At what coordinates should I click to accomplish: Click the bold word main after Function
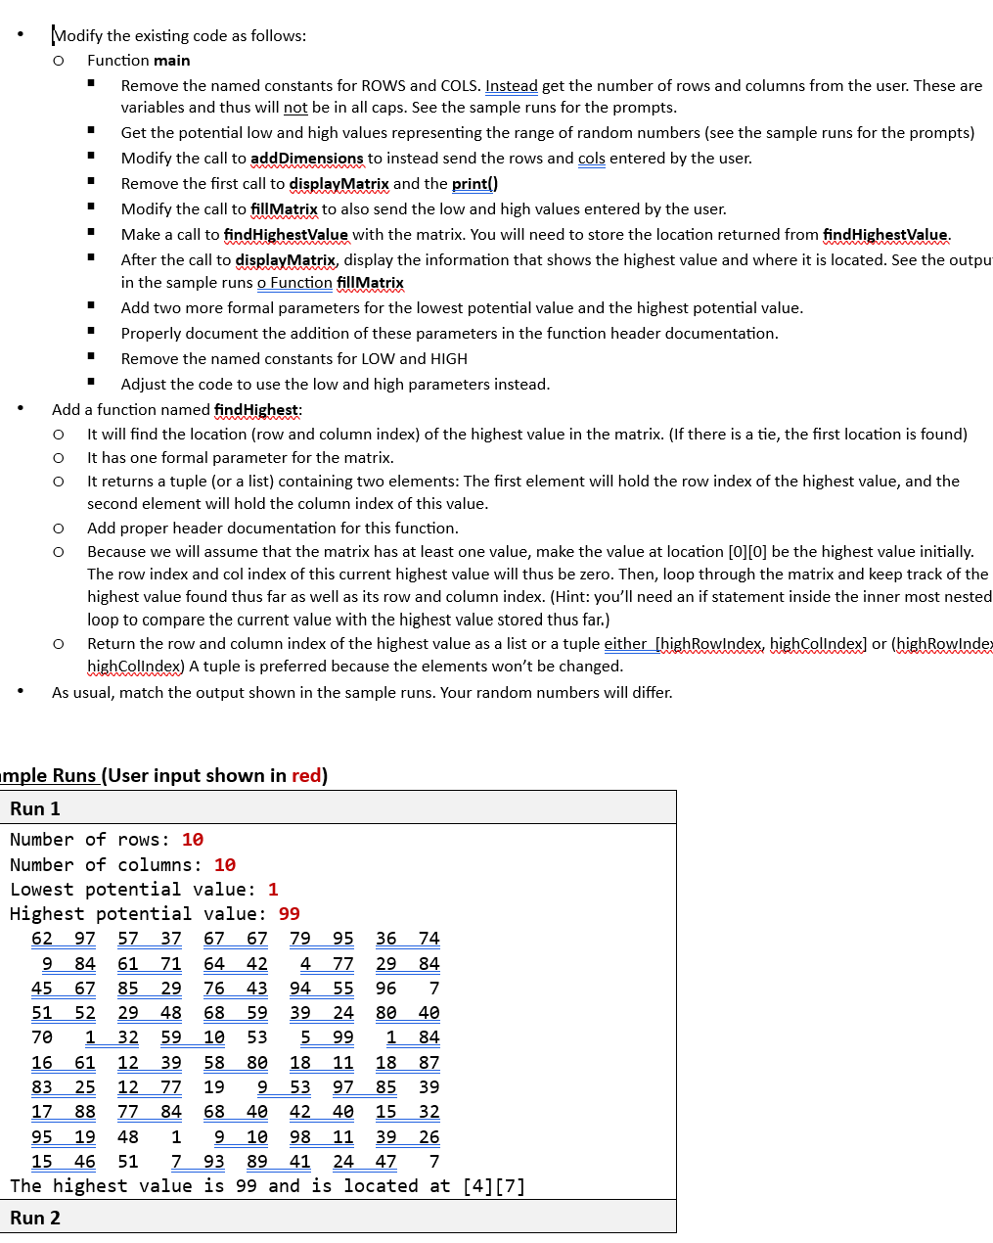pyautogui.click(x=171, y=61)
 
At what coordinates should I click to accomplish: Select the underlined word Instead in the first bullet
pyautogui.click(x=511, y=86)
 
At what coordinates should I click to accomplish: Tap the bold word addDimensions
pyautogui.click(x=306, y=159)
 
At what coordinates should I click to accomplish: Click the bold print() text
pyautogui.click(x=474, y=184)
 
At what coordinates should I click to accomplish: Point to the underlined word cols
pyautogui.click(x=591, y=159)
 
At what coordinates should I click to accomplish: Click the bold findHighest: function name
pyautogui.click(x=257, y=410)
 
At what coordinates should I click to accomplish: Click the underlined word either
pyautogui.click(x=625, y=644)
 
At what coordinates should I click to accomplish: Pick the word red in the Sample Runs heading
pyautogui.click(x=305, y=776)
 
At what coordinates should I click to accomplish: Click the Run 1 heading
pyautogui.click(x=35, y=808)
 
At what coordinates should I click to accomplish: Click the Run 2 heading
pyautogui.click(x=35, y=1218)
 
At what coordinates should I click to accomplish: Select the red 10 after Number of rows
pyautogui.click(x=193, y=840)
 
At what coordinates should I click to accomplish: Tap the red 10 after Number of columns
pyautogui.click(x=225, y=865)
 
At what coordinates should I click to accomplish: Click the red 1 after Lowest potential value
pyautogui.click(x=273, y=890)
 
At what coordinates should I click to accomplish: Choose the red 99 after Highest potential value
pyautogui.click(x=289, y=914)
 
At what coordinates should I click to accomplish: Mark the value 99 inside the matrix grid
pyautogui.click(x=342, y=1037)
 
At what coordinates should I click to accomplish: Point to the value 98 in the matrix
pyautogui.click(x=300, y=1137)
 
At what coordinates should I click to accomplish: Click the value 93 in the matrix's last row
pyautogui.click(x=214, y=1162)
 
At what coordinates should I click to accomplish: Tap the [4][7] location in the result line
pyautogui.click(x=494, y=1186)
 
